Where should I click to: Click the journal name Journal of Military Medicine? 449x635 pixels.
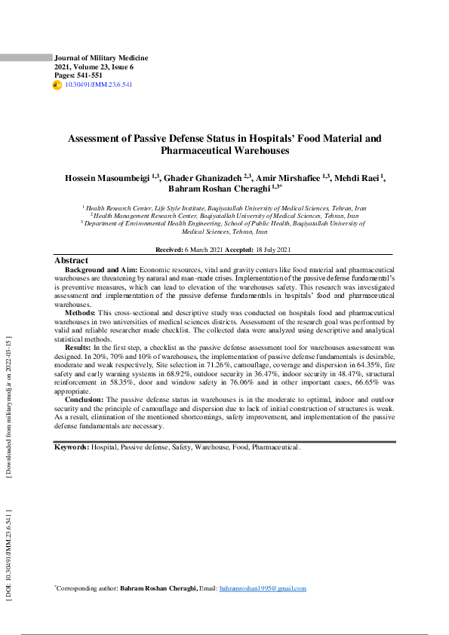tap(101, 58)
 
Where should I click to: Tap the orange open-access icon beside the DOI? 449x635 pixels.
tap(57, 85)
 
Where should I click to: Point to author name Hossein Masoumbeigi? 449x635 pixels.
tap(106, 177)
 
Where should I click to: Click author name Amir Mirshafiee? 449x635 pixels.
tap(290, 177)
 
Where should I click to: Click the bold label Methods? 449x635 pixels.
tap(80, 312)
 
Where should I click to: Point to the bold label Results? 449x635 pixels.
tap(78, 347)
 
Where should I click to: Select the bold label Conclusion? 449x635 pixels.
tap(84, 399)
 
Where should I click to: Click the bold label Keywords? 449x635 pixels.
tap(72, 447)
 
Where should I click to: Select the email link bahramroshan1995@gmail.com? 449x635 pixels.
tap(263, 588)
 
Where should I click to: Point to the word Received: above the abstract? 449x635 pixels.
tap(169, 249)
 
